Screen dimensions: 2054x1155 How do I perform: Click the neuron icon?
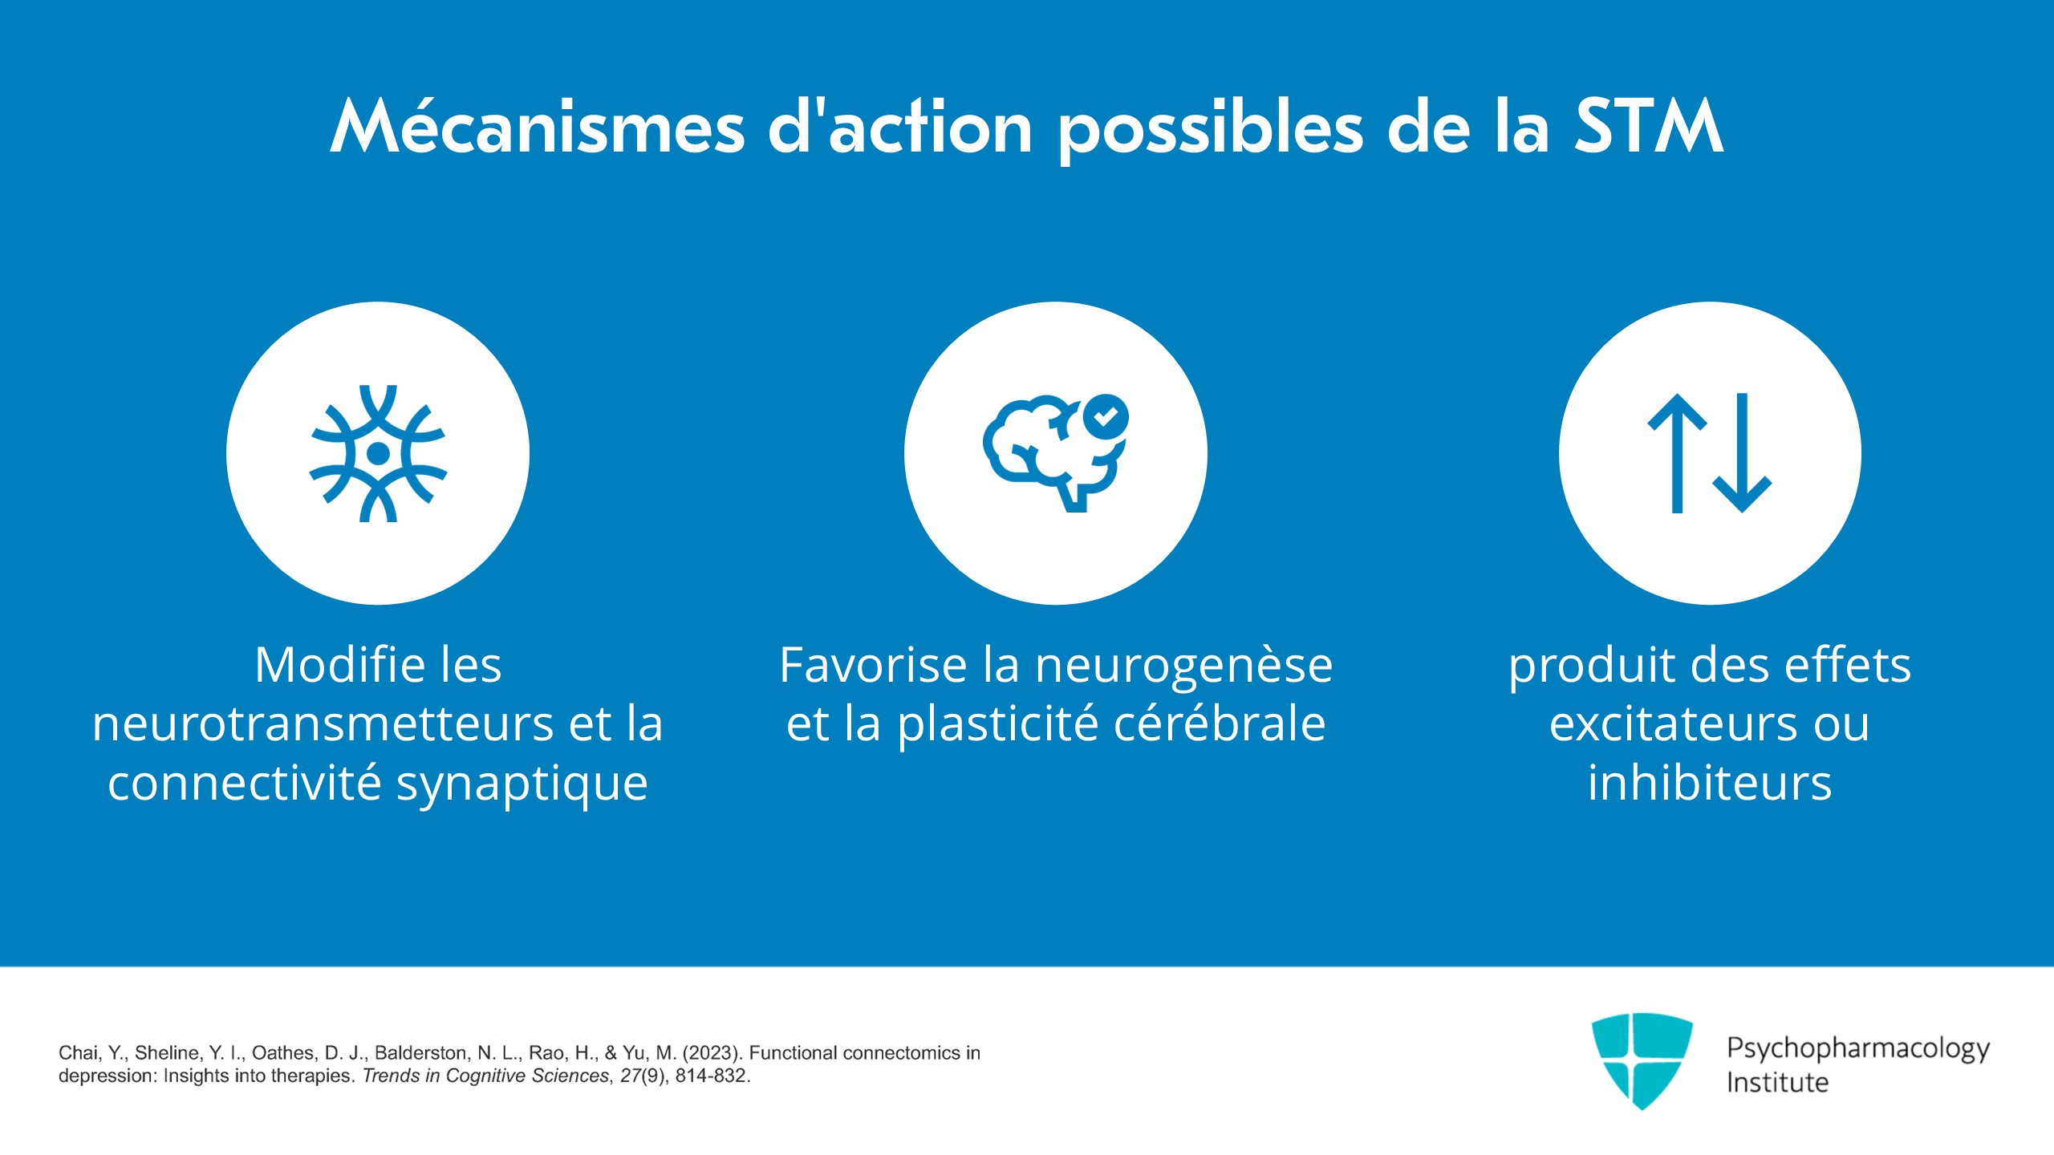[378, 453]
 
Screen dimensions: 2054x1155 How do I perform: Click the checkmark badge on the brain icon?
[1106, 416]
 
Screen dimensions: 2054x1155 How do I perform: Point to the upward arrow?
[1677, 453]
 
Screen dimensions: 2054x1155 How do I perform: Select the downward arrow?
[1742, 453]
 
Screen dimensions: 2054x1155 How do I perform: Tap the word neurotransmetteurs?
[323, 724]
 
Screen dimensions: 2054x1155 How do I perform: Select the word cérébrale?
[1219, 724]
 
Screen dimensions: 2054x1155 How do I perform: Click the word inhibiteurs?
[1710, 783]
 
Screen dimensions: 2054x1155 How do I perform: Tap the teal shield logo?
[1642, 1060]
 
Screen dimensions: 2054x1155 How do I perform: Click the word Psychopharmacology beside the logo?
[1858, 1050]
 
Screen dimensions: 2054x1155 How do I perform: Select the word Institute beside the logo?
[1777, 1082]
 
